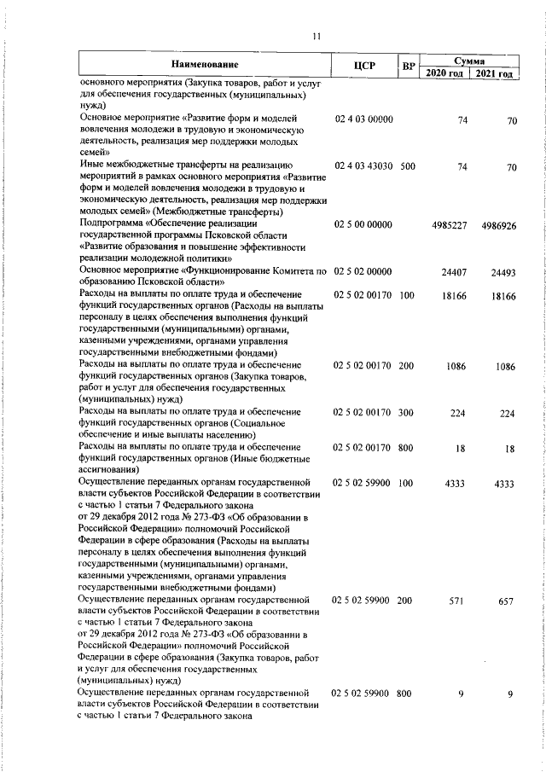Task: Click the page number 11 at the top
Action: (x=316, y=36)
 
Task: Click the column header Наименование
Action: (x=204, y=65)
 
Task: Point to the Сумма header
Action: (x=469, y=61)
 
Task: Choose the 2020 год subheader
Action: (x=444, y=73)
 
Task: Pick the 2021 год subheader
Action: (x=494, y=73)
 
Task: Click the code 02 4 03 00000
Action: (x=363, y=120)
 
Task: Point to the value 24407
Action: (x=454, y=271)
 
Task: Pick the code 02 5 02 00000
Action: (x=363, y=271)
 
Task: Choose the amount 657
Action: (x=507, y=601)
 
